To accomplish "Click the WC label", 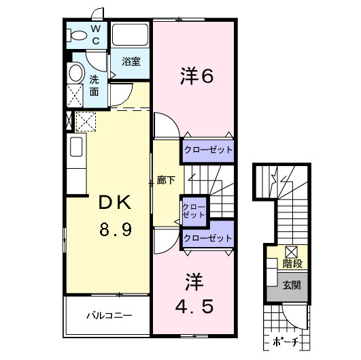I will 96,35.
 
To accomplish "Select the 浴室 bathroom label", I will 131,61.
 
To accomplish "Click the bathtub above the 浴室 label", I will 131,36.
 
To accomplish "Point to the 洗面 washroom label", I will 94,84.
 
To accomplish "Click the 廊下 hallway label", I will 166,180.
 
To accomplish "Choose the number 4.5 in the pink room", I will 196,306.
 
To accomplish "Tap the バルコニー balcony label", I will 108,316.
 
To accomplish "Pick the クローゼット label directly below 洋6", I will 207,150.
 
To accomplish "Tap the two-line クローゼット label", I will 194,210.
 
